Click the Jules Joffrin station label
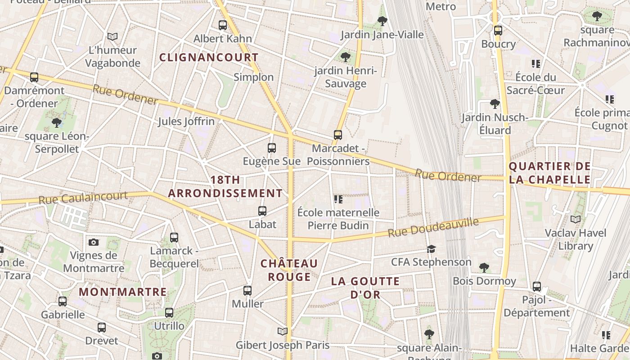click(x=186, y=121)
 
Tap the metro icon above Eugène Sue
click(x=271, y=148)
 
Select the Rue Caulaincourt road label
click(x=83, y=198)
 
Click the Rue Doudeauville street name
click(x=433, y=227)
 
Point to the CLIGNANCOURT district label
click(x=209, y=58)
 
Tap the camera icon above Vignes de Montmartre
click(x=94, y=242)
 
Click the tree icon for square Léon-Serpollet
click(x=57, y=122)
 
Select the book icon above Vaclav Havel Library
click(x=576, y=219)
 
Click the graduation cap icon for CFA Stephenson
click(x=431, y=249)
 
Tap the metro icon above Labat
click(x=262, y=211)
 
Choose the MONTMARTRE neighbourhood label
click(x=123, y=292)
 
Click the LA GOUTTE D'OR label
click(x=365, y=288)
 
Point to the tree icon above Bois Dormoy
click(x=484, y=268)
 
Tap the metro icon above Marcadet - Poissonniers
click(x=338, y=135)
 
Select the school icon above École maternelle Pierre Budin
click(x=338, y=199)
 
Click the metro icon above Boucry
click(x=498, y=31)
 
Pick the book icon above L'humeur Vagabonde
click(x=112, y=36)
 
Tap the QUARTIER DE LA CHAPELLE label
click(x=549, y=173)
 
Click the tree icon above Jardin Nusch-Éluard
click(x=495, y=104)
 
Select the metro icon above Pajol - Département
click(x=536, y=286)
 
